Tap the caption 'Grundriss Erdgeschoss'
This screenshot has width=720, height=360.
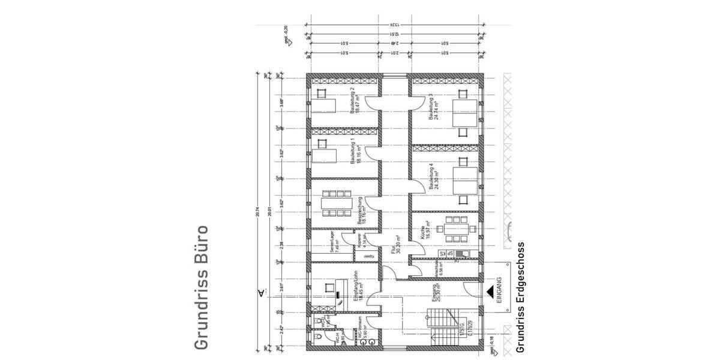(x=520, y=297)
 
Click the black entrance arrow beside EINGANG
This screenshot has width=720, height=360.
(x=491, y=292)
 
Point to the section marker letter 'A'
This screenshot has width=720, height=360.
(x=260, y=293)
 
